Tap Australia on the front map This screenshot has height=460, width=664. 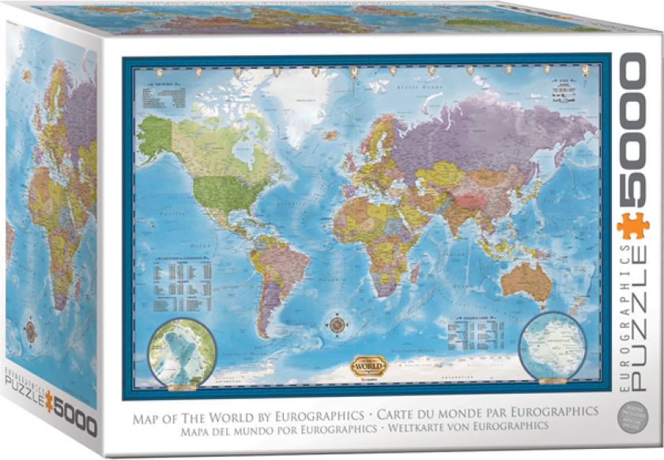point(525,278)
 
